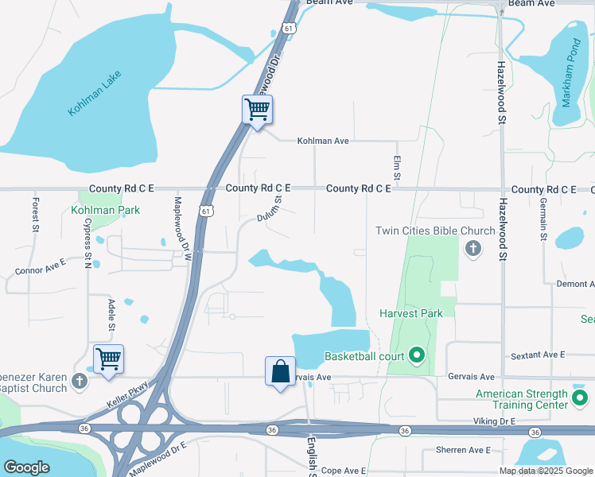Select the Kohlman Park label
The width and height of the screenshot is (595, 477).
tap(105, 210)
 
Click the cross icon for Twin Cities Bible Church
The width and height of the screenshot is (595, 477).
tap(473, 249)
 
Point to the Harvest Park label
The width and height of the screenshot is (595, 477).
tap(410, 313)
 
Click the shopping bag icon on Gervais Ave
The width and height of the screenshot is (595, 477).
tap(280, 371)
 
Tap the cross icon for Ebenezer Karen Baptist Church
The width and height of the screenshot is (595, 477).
tap(79, 382)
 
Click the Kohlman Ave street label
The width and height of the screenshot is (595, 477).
tap(323, 141)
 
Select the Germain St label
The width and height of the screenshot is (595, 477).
tap(543, 220)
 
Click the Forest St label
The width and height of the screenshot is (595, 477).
tap(35, 215)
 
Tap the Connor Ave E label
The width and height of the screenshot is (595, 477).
tap(40, 266)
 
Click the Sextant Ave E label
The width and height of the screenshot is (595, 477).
tap(538, 354)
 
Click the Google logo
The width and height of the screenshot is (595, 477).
tap(26, 467)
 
